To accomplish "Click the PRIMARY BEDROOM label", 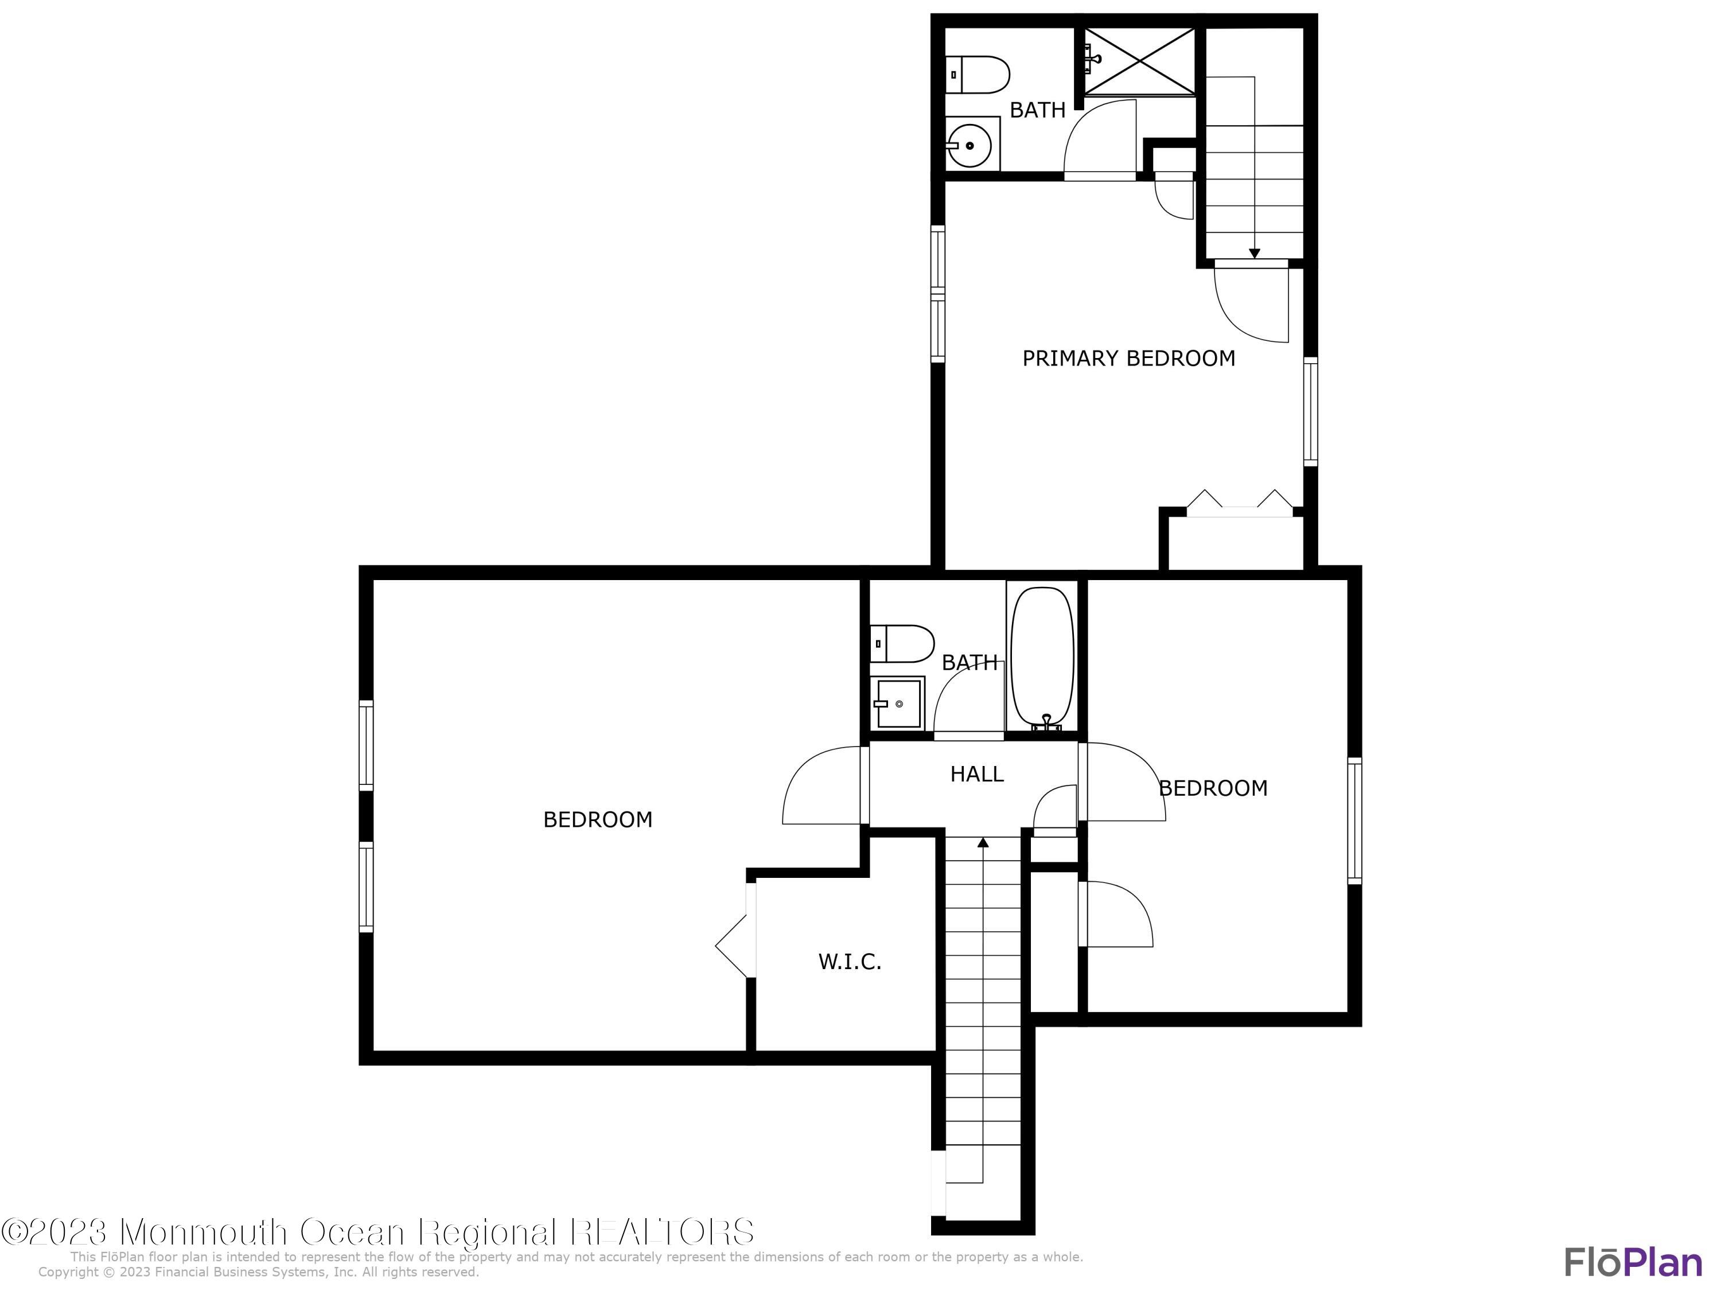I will pyautogui.click(x=1128, y=359).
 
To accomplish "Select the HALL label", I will pyautogui.click(x=976, y=774).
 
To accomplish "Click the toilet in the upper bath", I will pyautogui.click(x=978, y=75).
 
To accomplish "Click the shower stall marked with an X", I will pyautogui.click(x=1140, y=62).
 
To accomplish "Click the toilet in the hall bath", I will pyautogui.click(x=902, y=644).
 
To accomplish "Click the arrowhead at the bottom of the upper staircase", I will pyautogui.click(x=1254, y=253).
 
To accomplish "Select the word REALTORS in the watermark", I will pyautogui.click(x=663, y=1232).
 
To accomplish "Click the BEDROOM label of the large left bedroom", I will pyautogui.click(x=598, y=820).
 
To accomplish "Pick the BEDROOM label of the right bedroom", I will pyautogui.click(x=1213, y=789).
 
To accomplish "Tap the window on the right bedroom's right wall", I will pyautogui.click(x=1354, y=821).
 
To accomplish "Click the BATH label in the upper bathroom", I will pyautogui.click(x=1037, y=111).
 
